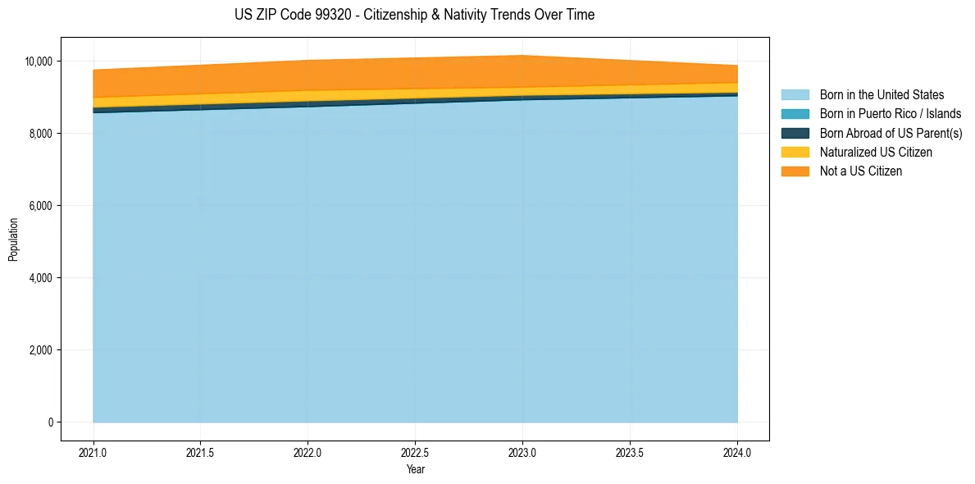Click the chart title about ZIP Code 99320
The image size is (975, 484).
click(x=414, y=15)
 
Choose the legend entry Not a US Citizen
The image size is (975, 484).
click(x=861, y=171)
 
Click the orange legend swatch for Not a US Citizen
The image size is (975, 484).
click(x=795, y=171)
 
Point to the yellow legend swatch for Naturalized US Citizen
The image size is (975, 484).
click(x=795, y=153)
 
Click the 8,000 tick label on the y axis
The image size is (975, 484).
click(x=40, y=134)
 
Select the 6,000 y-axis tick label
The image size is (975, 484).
click(x=40, y=206)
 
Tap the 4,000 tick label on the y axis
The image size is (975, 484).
click(x=40, y=278)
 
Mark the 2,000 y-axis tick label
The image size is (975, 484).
click(x=40, y=350)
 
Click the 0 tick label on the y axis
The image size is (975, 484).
click(x=50, y=422)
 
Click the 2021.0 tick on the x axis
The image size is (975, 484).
click(x=93, y=451)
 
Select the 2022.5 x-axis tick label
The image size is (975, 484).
click(x=416, y=451)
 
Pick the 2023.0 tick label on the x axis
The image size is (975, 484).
click(x=522, y=451)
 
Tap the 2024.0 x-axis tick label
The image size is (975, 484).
click(x=737, y=451)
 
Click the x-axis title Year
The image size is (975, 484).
click(x=416, y=469)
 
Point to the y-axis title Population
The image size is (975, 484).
click(x=13, y=240)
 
